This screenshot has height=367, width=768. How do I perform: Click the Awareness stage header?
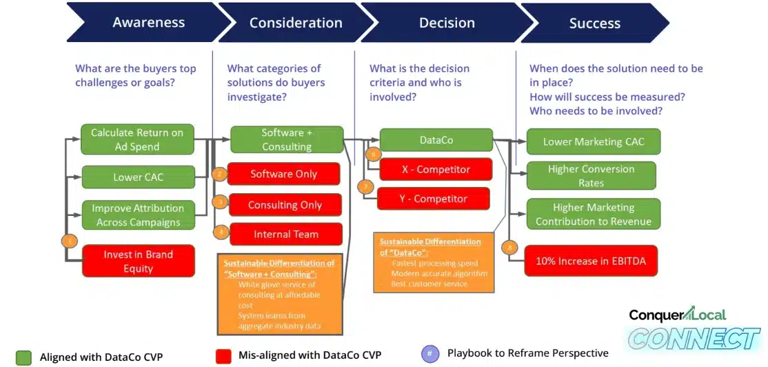148,22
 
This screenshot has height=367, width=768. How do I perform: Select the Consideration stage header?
295,22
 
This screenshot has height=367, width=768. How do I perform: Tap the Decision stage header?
446,22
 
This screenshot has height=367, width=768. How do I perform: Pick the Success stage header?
594,23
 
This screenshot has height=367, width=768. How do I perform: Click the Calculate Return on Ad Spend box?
137,139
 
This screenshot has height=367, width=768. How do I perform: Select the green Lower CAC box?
138,177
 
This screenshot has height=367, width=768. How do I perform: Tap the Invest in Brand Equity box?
138,261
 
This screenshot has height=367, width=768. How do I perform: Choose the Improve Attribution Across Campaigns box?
138,215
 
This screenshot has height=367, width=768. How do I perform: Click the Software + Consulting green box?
286,139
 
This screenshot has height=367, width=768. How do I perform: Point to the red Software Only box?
283,174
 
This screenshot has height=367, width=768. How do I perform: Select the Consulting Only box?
285,205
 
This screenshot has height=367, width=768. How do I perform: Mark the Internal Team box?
285,235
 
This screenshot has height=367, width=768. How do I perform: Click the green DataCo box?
436,140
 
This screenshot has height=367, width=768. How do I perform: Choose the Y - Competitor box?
434,199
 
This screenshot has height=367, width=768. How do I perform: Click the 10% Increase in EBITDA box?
590,261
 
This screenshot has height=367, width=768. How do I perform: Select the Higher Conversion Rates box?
591,176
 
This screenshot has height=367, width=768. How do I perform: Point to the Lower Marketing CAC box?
593,141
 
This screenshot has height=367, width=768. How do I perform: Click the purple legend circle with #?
430,354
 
